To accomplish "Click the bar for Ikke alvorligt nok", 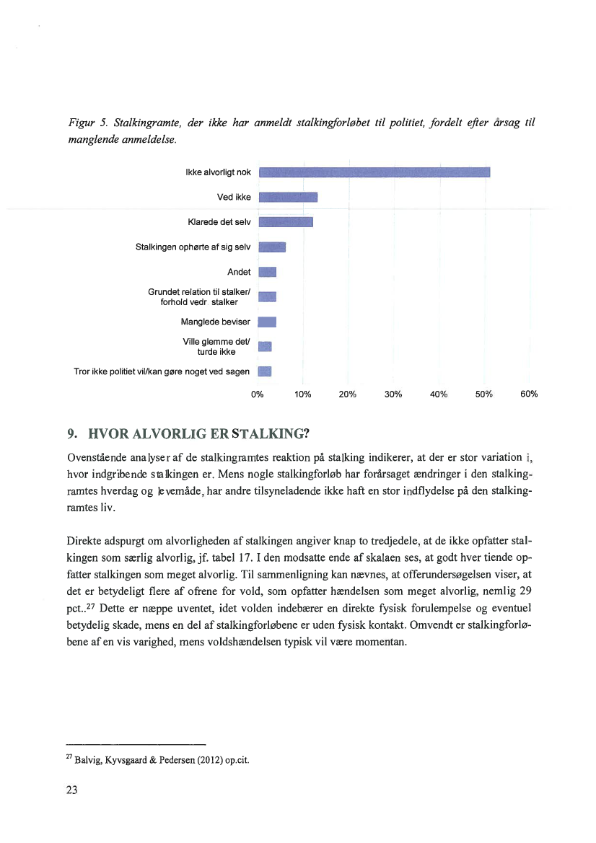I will (374, 172).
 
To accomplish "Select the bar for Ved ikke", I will (288, 198).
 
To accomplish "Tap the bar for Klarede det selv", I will (285, 221).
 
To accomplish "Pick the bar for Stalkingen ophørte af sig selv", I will (272, 247).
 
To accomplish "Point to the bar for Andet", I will (267, 272).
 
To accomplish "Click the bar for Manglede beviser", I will (267, 322).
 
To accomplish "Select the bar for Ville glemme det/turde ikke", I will (265, 347).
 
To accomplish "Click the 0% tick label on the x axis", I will (258, 394).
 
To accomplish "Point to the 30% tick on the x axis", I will (393, 394).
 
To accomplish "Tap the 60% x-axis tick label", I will (529, 394).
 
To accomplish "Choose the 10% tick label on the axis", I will (303, 394).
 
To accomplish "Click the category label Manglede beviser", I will (216, 322).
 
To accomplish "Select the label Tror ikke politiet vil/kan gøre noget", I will (162, 372).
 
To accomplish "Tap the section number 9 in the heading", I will (70, 434).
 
